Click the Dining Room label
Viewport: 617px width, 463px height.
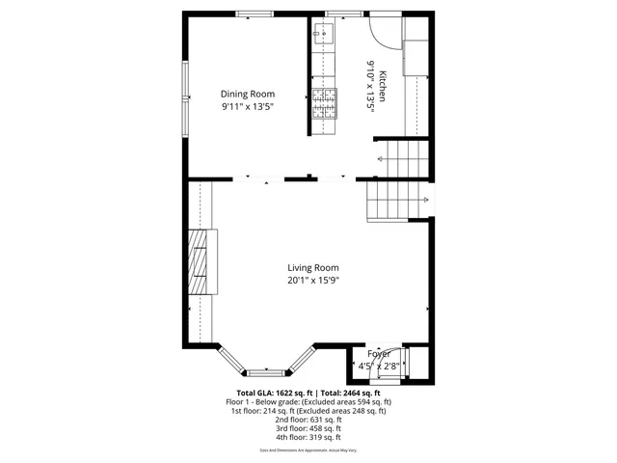[248, 94]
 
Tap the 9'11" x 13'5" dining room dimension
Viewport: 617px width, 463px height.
[248, 106]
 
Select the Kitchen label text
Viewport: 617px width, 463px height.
[382, 87]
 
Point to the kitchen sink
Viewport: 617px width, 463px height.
[322, 35]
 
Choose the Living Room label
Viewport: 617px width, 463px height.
[313, 268]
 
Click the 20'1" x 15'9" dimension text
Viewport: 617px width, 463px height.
[313, 281]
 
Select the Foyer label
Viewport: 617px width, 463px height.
[379, 354]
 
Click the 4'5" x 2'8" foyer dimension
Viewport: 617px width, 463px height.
[379, 367]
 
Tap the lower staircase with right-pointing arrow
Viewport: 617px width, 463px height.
[396, 201]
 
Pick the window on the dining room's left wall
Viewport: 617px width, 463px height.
[185, 96]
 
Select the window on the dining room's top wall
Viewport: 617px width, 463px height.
[255, 14]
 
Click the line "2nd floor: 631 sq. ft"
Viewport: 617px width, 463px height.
[308, 420]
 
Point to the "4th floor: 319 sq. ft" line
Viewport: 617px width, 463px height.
[308, 437]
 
